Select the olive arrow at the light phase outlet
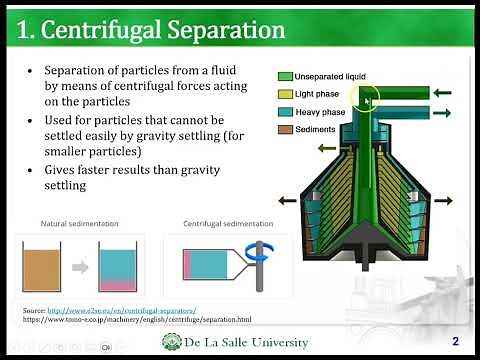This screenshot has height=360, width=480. click(x=327, y=144)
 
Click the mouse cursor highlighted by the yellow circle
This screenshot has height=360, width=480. click(x=368, y=99)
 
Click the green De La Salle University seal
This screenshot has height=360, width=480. click(x=172, y=342)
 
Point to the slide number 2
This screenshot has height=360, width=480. click(x=455, y=340)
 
